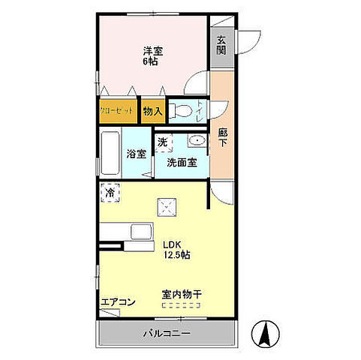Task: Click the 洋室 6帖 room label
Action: [x=154, y=55]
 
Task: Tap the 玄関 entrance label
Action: [x=221, y=45]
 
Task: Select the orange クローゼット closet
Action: [x=116, y=111]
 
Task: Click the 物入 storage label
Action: [x=152, y=111]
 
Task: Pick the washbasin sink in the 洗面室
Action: [x=197, y=140]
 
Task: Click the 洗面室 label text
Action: [x=182, y=161]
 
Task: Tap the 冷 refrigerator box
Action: [x=110, y=193]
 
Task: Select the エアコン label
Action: [x=118, y=303]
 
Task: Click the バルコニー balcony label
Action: [x=167, y=334]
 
